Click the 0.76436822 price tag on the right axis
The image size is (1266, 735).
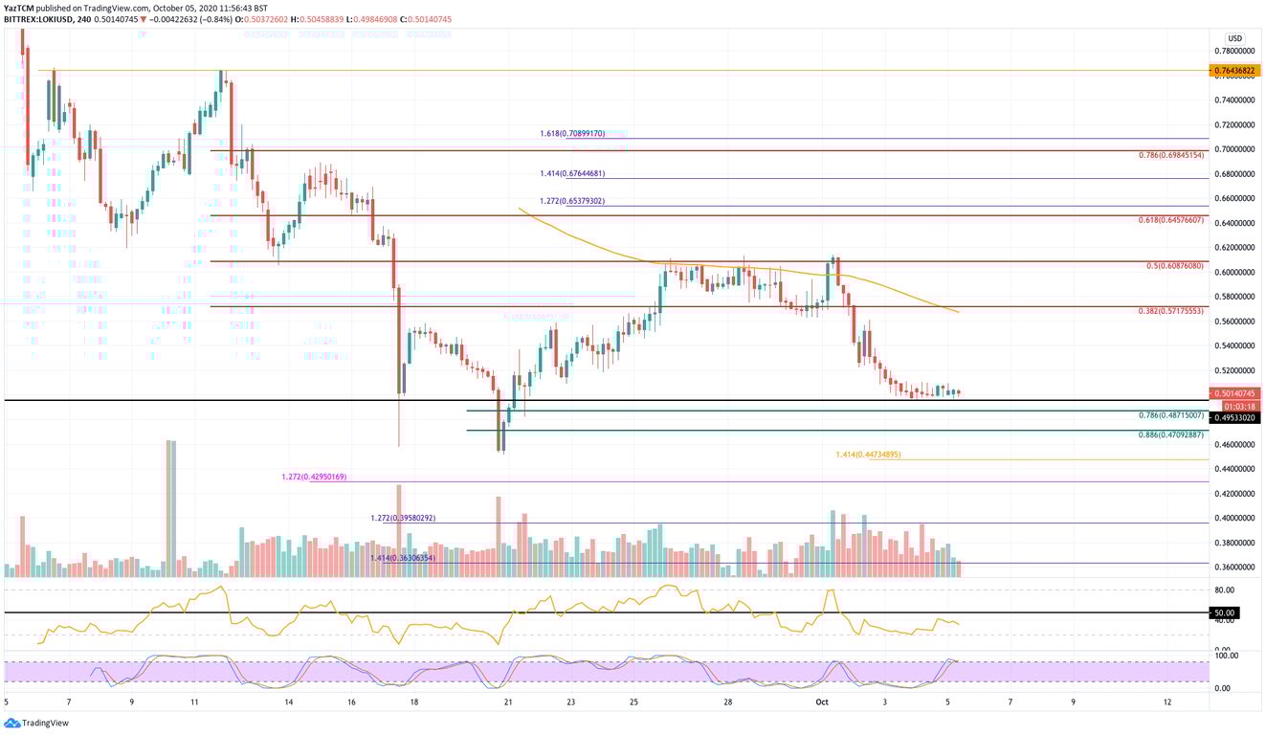(1235, 71)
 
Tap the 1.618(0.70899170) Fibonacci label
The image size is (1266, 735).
(571, 134)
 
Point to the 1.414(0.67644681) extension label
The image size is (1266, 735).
(571, 173)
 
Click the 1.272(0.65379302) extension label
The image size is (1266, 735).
(571, 201)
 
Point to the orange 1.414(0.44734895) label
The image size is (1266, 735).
(867, 455)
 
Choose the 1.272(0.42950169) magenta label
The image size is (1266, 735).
(314, 477)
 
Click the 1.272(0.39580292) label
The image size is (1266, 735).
(403, 518)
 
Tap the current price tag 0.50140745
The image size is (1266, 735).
(1235, 393)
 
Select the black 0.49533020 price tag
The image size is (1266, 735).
(1235, 417)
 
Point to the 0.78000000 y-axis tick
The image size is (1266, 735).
(1234, 51)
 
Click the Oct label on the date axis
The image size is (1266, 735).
(821, 702)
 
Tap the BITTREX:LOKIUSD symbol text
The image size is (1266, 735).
(43, 19)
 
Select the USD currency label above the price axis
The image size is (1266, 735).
(1234, 38)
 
